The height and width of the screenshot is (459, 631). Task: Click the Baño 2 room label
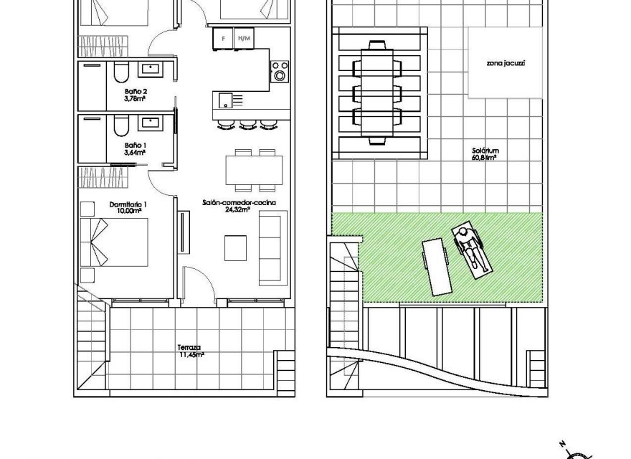click(135, 93)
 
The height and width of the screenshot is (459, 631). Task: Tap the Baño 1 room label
click(135, 146)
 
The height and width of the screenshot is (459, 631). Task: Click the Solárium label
click(485, 151)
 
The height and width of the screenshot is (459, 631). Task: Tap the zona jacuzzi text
click(506, 63)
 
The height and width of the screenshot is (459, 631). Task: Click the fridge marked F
click(224, 38)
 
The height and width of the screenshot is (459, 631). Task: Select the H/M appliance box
click(244, 38)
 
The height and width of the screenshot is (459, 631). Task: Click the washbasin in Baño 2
click(153, 70)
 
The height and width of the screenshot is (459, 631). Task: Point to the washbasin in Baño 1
click(153, 123)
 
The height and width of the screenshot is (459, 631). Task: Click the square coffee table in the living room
click(235, 247)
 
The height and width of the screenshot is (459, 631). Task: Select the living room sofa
click(272, 247)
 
